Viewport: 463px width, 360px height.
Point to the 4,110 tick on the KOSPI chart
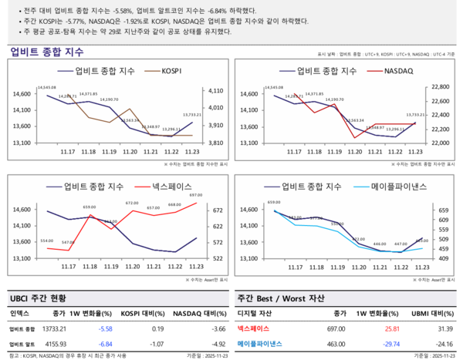[215, 92]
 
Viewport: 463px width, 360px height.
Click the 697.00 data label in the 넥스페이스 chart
[195, 196]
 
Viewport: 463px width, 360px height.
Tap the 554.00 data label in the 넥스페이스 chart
[47, 241]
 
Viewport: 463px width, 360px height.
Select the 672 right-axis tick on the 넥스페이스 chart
[218, 210]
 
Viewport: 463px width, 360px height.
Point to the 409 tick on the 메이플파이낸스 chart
[442, 258]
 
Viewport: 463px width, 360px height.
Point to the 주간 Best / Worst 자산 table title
[280, 298]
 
